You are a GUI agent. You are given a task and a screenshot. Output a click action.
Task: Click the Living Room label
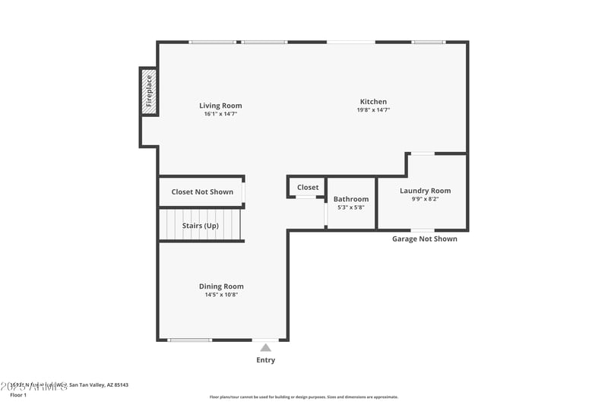coord(220,106)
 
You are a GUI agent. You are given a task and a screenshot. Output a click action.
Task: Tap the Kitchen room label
coord(373,102)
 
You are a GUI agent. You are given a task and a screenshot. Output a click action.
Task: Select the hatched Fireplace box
coord(149,91)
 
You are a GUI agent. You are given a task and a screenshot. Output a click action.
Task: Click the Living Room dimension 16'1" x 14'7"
coord(220,114)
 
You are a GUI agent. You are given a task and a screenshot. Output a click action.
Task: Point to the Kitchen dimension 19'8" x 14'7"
coord(373,110)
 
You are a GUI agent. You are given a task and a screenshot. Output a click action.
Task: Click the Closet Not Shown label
coord(202,192)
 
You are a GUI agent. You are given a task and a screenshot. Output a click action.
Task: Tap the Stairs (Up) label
coord(201,226)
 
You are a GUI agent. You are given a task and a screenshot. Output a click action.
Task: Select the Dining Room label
coord(221,286)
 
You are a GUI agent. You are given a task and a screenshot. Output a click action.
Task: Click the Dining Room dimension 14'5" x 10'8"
coord(221,295)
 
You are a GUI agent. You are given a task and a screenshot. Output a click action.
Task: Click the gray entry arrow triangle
coord(266,347)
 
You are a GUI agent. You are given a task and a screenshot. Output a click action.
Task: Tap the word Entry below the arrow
coord(266,360)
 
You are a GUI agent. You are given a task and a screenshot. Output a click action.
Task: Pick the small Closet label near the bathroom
coord(308,188)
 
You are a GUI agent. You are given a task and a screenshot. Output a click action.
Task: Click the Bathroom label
coord(351,199)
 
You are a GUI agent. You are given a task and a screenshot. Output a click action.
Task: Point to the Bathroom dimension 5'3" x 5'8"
coord(351,207)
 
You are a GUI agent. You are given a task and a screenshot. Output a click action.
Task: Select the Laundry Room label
coord(425,191)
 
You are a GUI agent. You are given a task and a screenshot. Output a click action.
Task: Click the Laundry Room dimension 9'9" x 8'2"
coord(425,199)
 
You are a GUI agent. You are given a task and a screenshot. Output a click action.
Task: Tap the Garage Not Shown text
coord(424,239)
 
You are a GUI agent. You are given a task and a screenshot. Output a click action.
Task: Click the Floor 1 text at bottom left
coord(18,395)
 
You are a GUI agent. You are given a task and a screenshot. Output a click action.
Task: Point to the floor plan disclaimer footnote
coord(303,397)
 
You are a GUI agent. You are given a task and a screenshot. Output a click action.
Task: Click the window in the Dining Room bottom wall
coord(189,340)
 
